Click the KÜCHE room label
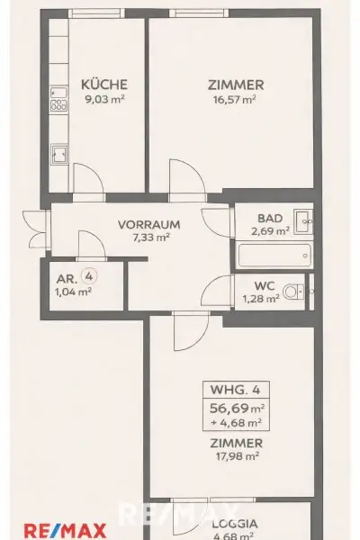pyautogui.click(x=97, y=85)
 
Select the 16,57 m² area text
pyautogui.click(x=232, y=99)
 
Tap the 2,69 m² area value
pyautogui.click(x=270, y=230)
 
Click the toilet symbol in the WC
pyautogui.click(x=292, y=291)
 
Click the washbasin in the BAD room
pyautogui.click(x=303, y=218)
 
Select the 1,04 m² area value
pyautogui.click(x=73, y=291)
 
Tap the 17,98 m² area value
pyautogui.click(x=235, y=455)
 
